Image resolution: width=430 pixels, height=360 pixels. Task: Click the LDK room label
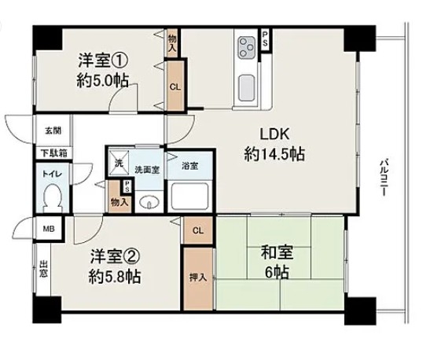tap(274, 134)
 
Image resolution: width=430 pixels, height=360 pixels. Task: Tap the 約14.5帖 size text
tap(274, 154)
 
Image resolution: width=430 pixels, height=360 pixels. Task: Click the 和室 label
tap(277, 252)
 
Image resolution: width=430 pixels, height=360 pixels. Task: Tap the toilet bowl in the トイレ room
tap(53, 197)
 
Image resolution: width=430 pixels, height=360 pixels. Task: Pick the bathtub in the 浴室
tap(189, 196)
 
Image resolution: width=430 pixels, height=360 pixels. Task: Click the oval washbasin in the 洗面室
tap(149, 203)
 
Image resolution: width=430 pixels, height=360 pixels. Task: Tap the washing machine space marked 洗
tap(119, 163)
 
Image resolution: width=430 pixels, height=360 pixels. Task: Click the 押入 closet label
tap(198, 278)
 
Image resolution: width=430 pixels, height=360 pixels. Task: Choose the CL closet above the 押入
tap(198, 230)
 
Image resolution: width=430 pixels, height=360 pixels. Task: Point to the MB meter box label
tap(49, 229)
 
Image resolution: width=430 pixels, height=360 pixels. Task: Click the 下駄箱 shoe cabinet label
tap(54, 153)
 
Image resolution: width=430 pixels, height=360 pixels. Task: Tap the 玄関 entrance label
tap(53, 130)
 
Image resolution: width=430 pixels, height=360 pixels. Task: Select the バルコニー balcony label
tap(384, 177)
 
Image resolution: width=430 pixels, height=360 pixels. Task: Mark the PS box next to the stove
tap(265, 39)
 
